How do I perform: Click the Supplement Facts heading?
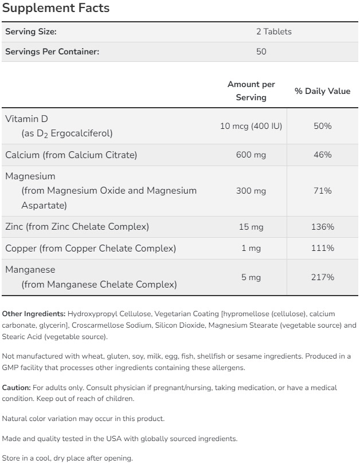tap(56, 9)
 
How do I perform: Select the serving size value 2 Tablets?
tap(273, 32)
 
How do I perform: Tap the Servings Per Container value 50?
tap(261, 52)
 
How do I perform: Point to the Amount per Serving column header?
tap(251, 91)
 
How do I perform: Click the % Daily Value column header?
tap(322, 91)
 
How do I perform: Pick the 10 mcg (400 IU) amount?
tap(251, 125)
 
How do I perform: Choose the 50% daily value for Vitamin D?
tap(322, 125)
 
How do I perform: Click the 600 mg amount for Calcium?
tap(251, 155)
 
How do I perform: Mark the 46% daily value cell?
tap(322, 155)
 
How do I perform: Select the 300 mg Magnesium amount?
tap(251, 191)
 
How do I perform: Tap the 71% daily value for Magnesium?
tap(322, 191)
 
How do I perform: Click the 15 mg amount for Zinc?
tap(251, 227)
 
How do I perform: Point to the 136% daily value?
tap(322, 227)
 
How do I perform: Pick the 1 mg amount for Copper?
tap(251, 248)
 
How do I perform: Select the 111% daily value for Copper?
tap(322, 248)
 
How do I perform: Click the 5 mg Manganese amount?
tap(251, 277)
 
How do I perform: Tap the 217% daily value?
tap(322, 277)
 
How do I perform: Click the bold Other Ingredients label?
tap(34, 314)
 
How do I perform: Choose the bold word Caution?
tap(16, 388)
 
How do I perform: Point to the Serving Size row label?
tap(31, 32)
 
